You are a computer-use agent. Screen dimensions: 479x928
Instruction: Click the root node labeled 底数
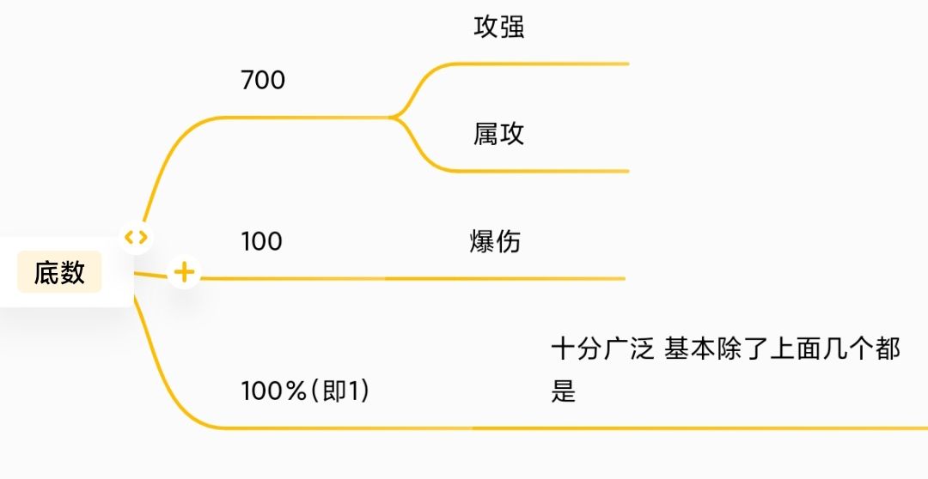tap(59, 273)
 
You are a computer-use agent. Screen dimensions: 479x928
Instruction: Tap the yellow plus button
tap(184, 273)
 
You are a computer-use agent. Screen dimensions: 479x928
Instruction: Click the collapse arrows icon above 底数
tap(136, 237)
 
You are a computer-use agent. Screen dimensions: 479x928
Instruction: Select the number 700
tap(263, 81)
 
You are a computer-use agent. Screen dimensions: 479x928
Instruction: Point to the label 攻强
tap(498, 27)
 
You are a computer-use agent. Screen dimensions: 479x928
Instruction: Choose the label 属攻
tap(498, 134)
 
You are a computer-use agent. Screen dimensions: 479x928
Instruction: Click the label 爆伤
tap(495, 241)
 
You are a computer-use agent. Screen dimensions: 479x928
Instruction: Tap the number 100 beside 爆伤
tap(261, 241)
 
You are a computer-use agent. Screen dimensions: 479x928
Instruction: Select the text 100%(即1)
tap(305, 391)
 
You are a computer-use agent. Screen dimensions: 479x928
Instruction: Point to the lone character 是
tap(563, 391)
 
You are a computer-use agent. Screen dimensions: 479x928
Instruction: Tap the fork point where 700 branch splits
tap(394, 117)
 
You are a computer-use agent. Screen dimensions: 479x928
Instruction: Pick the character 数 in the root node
tap(73, 273)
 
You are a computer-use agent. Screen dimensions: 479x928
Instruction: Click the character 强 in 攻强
tap(511, 27)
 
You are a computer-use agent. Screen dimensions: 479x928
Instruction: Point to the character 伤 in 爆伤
tap(508, 241)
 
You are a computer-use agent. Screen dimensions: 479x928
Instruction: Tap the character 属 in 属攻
tap(485, 134)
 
